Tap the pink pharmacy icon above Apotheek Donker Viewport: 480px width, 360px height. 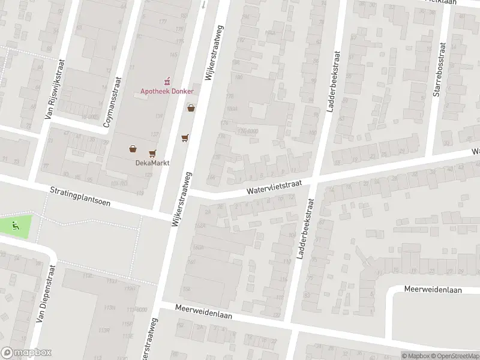167,81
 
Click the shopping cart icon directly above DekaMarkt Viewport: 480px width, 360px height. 152,153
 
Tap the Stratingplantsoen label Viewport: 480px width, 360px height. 79,199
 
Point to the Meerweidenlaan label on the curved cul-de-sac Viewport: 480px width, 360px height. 432,290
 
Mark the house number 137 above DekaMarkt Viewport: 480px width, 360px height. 155,134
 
